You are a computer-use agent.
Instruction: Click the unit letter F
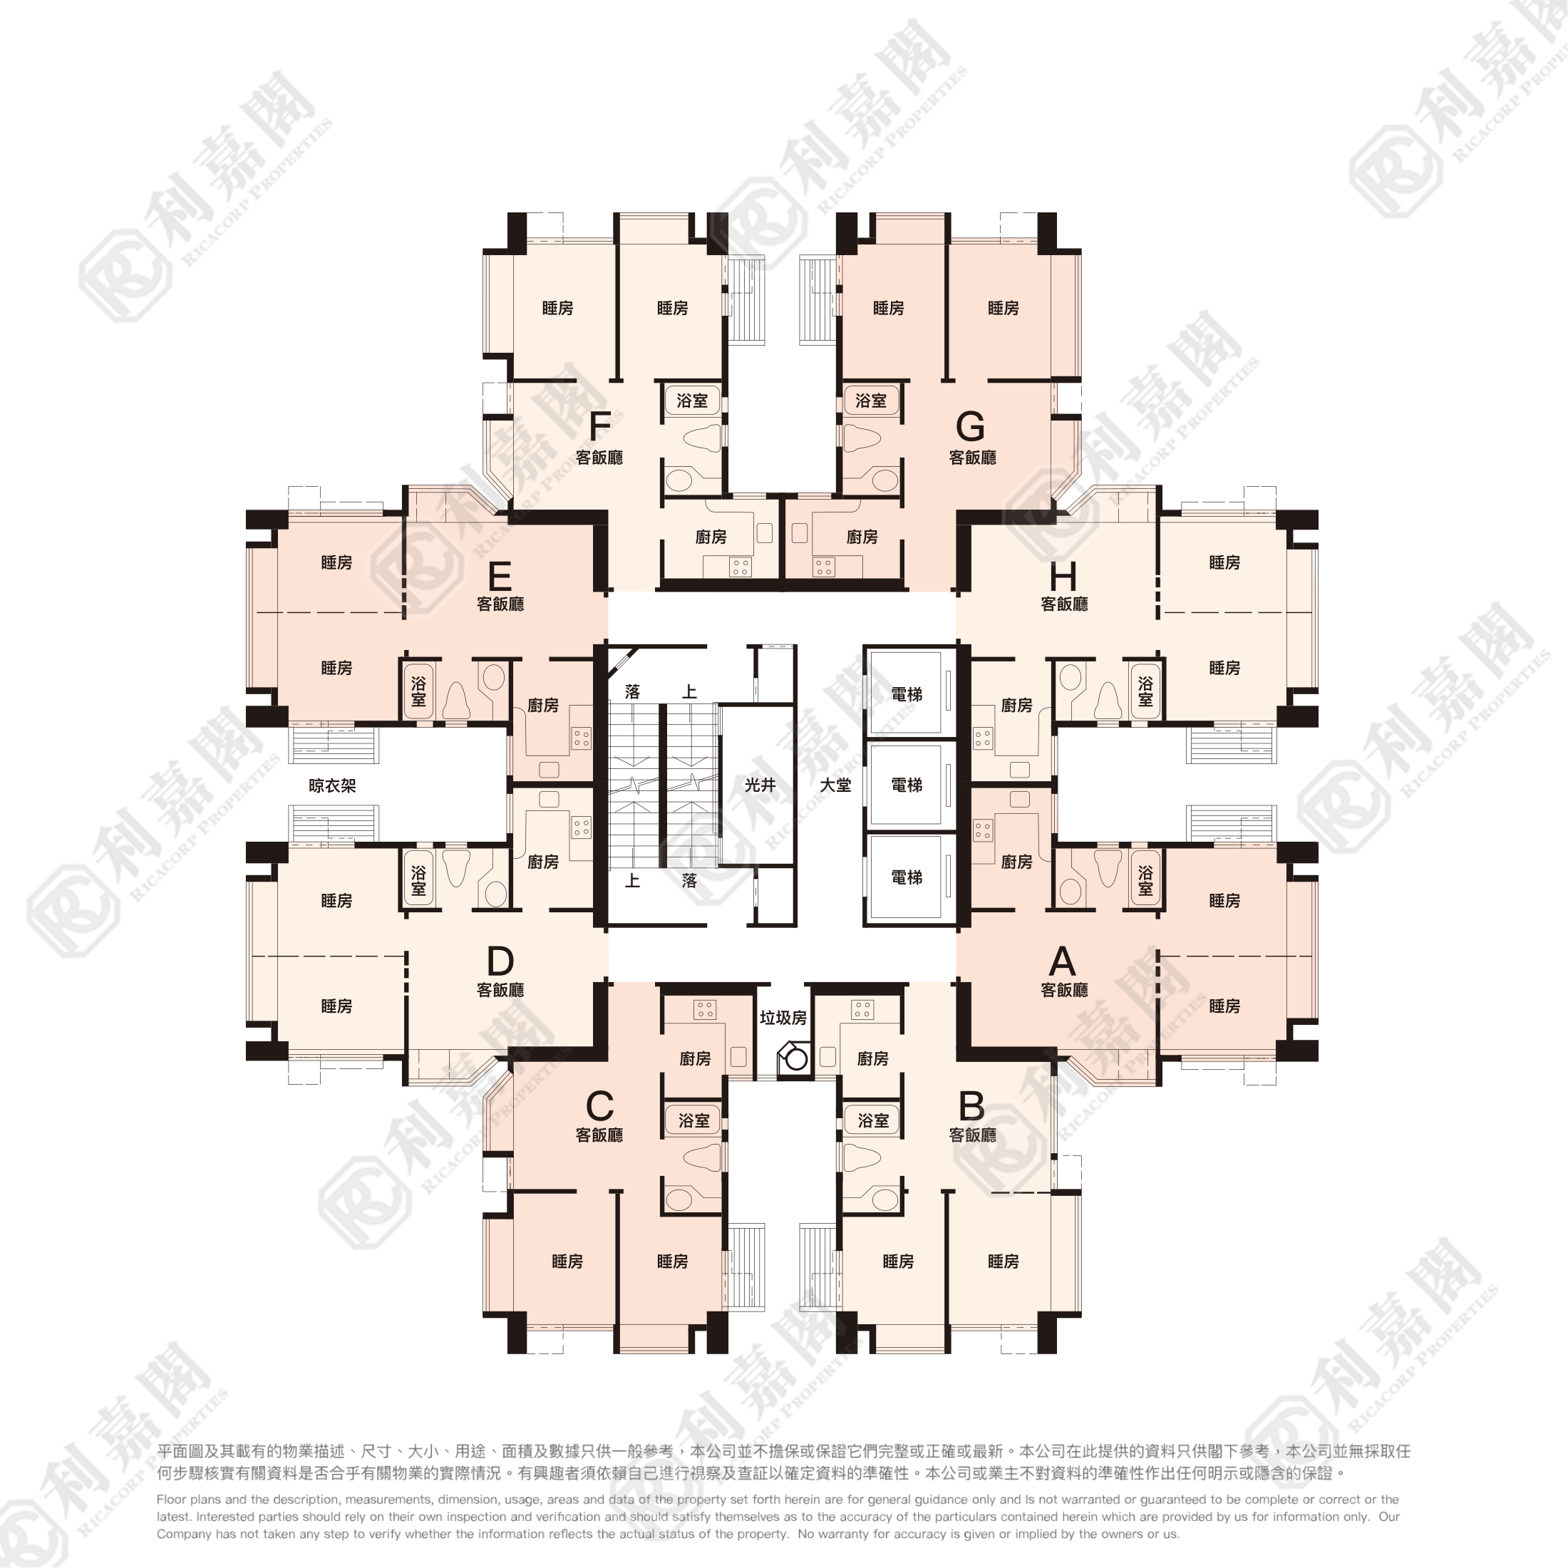(600, 425)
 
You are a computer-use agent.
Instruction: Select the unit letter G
(971, 425)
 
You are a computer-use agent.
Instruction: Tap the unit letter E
(500, 577)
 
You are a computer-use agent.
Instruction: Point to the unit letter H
(1063, 577)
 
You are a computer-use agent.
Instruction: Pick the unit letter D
(500, 961)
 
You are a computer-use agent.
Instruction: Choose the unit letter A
(1063, 961)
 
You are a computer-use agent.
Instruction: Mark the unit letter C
(600, 1106)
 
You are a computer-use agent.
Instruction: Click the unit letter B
(971, 1106)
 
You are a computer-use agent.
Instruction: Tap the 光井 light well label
(760, 785)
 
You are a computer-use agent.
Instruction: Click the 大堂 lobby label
(835, 785)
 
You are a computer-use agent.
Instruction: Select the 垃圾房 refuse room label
(783, 1018)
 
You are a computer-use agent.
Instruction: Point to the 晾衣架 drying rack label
(333, 785)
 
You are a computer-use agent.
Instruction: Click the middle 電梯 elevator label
(907, 785)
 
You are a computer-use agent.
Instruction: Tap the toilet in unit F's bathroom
(703, 439)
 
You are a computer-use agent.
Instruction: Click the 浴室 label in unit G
(871, 400)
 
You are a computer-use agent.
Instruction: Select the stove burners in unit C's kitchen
(704, 1010)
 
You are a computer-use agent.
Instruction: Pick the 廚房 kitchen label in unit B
(872, 1058)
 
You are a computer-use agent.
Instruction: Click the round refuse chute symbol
(797, 1059)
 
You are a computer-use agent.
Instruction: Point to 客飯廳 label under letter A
(1064, 990)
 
